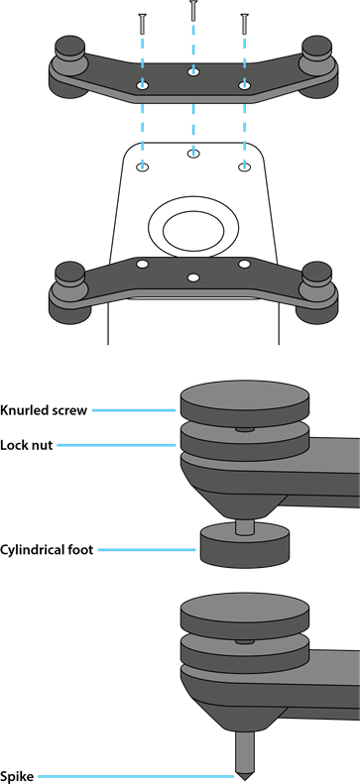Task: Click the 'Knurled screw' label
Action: pos(44,410)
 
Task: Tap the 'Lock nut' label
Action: pos(27,445)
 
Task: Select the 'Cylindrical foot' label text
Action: pos(47,550)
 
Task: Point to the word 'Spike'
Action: pos(17,776)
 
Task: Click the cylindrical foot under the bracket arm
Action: pos(245,545)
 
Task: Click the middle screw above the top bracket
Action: pos(193,11)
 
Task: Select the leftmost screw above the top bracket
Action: pos(142,24)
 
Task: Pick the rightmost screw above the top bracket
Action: pos(245,24)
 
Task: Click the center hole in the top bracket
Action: pos(193,72)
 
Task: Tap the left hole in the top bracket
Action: pos(143,85)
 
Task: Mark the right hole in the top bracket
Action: pos(245,85)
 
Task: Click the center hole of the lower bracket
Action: pos(193,277)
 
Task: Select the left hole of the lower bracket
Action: pos(143,264)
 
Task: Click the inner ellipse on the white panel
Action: pos(193,231)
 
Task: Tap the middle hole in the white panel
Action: pos(193,153)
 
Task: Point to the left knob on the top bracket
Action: pos(69,48)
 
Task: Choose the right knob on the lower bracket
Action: pos(317,274)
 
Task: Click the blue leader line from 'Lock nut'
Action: pos(116,445)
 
